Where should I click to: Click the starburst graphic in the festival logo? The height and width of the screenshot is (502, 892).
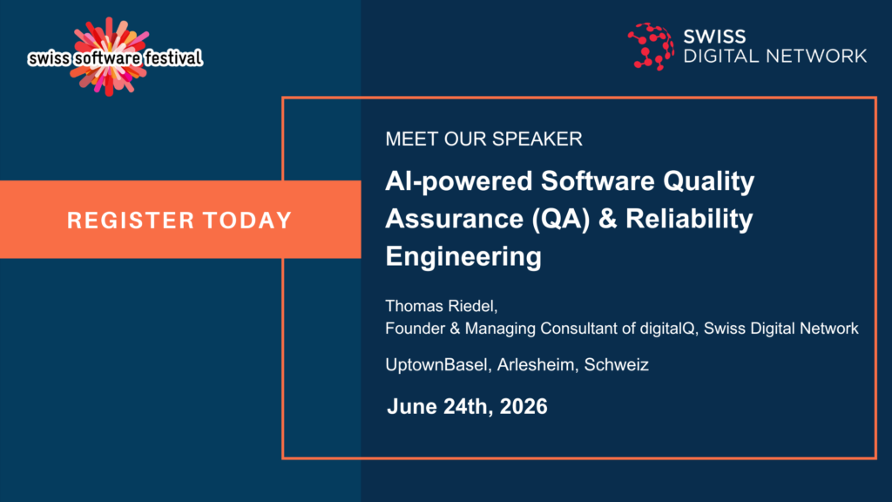[109, 57]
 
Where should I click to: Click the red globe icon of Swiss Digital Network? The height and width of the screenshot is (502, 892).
[651, 47]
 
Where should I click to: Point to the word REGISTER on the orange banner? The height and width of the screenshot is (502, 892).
[131, 220]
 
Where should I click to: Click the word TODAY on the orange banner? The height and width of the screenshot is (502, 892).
[247, 220]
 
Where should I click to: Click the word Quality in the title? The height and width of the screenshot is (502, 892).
[708, 182]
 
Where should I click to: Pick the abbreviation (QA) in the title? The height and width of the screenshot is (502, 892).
[561, 219]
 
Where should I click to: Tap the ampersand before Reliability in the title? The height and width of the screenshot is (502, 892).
[607, 219]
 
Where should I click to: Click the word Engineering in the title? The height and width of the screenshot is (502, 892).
[463, 256]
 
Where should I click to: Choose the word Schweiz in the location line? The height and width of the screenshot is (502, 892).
[616, 365]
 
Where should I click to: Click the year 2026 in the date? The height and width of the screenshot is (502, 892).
[524, 407]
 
